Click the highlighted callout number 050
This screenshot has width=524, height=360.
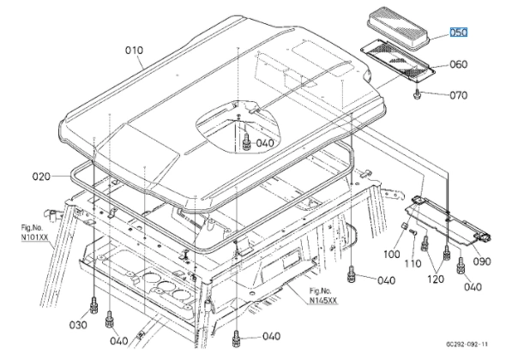[458, 33]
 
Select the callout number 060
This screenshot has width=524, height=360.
[459, 64]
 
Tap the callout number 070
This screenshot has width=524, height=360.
[459, 95]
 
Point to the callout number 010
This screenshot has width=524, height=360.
[134, 50]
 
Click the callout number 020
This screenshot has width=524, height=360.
[41, 176]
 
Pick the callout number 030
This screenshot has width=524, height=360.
[78, 324]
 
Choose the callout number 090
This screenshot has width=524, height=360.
[482, 261]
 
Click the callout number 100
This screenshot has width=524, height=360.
[392, 254]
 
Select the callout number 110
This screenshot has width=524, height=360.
[413, 263]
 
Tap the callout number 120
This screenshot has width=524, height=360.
[436, 279]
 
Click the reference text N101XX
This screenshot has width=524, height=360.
[34, 237]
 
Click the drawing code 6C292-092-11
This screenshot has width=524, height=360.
[467, 344]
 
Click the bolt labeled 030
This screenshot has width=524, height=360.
[93, 305]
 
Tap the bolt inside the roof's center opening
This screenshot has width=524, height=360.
[246, 142]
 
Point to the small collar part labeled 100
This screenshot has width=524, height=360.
[404, 225]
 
